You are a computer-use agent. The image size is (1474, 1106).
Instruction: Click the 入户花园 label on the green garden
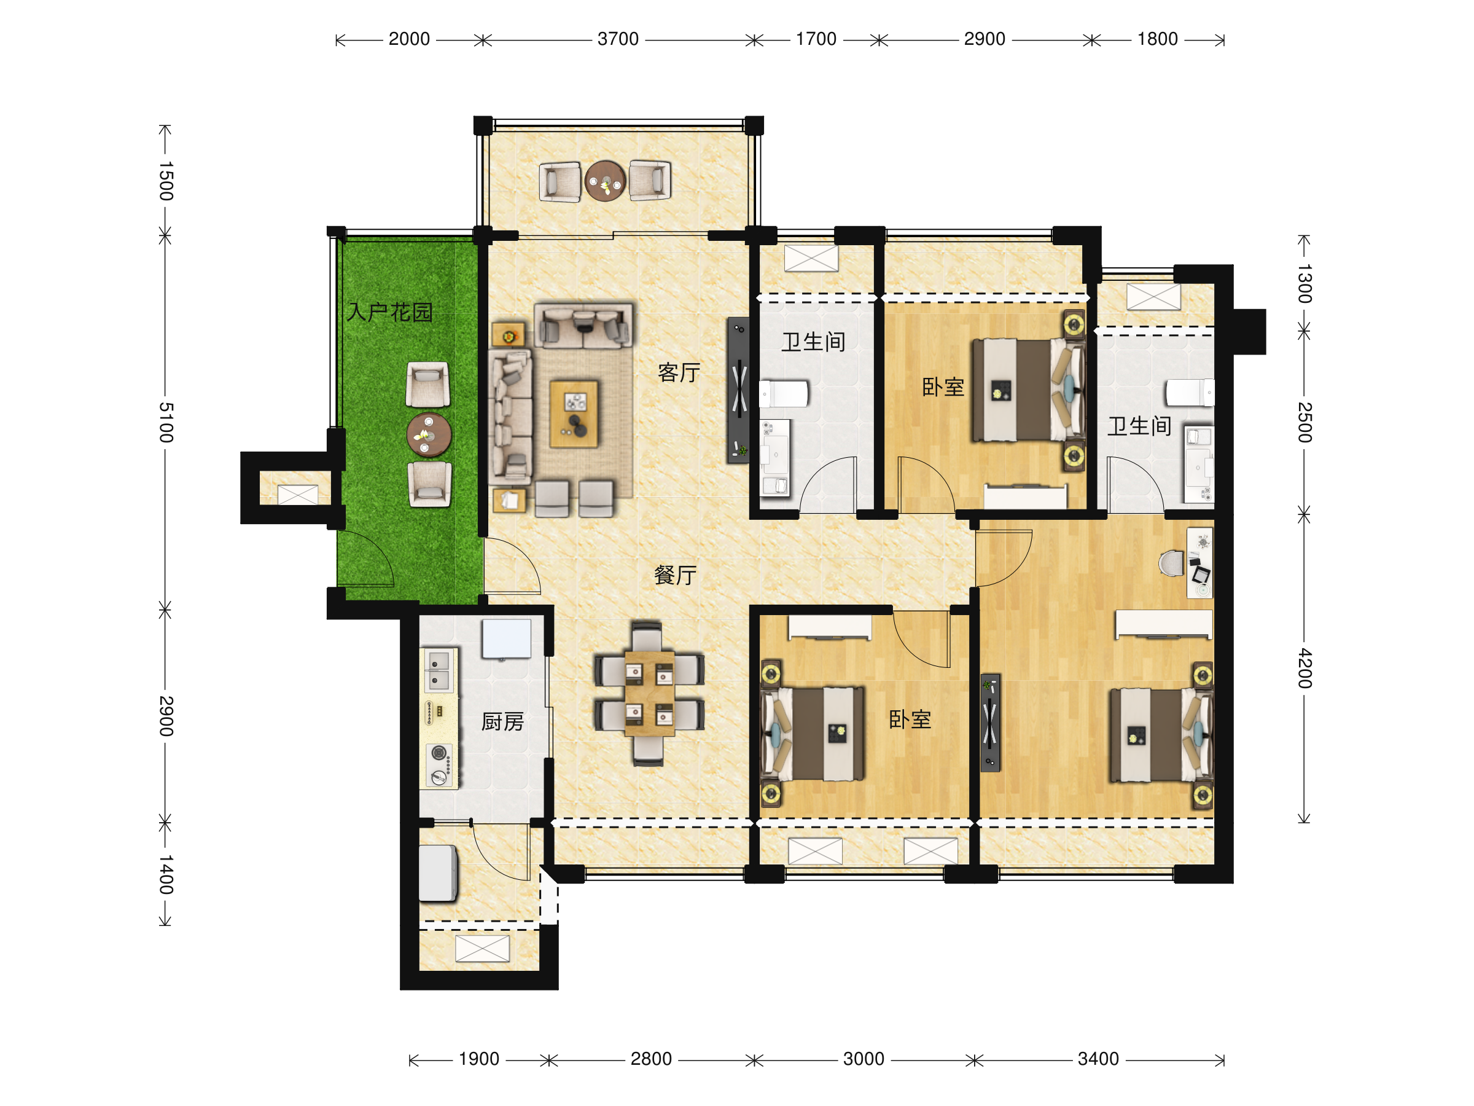(x=390, y=312)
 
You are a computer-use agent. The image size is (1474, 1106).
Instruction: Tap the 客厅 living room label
(x=679, y=372)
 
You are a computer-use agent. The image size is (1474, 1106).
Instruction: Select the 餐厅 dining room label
(x=675, y=575)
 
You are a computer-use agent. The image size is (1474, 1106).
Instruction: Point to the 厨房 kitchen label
(x=502, y=721)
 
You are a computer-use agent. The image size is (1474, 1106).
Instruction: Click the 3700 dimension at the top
(x=618, y=39)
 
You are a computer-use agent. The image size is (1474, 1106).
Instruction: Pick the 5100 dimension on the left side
(x=166, y=422)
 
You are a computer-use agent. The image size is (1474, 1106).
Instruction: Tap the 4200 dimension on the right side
(x=1304, y=668)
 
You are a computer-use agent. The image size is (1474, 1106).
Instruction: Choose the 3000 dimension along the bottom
(x=864, y=1059)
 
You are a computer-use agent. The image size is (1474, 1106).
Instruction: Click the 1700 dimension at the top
(x=816, y=39)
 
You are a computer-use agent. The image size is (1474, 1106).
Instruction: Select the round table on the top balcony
(x=605, y=181)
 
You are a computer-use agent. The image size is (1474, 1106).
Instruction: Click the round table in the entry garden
(x=429, y=434)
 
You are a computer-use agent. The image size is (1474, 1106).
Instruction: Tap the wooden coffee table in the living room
(x=574, y=414)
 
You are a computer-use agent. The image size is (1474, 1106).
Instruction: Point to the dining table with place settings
(x=649, y=694)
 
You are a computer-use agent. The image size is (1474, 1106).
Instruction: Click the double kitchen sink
(x=439, y=672)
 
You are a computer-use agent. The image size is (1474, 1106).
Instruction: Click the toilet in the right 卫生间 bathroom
(x=1190, y=392)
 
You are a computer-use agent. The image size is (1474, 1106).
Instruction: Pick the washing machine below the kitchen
(x=438, y=873)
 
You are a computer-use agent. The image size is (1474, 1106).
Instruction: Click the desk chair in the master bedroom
(x=1171, y=563)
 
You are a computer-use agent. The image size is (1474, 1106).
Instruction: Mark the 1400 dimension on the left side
(x=166, y=875)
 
